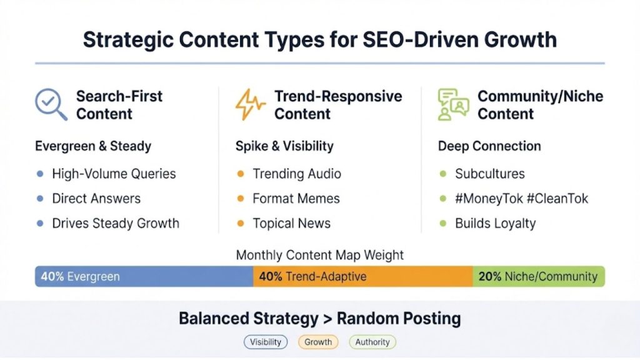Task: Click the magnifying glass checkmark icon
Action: pos(51,104)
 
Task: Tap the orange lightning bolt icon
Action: pos(249,104)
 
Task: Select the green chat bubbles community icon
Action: pos(453,104)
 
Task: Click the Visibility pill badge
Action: pos(266,342)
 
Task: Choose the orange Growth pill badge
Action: pos(318,342)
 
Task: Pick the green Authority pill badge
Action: pos(372,342)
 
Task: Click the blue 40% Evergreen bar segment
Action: pos(144,276)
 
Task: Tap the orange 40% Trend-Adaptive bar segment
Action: pos(362,276)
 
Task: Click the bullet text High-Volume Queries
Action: pos(114,174)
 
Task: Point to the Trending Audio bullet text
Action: pos(297,174)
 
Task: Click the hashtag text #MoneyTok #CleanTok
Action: pos(522,199)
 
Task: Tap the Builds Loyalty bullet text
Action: pos(496,223)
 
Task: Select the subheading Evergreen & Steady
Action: pos(93,146)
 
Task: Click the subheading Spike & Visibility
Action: pos(284,146)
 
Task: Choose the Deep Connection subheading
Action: pos(489,146)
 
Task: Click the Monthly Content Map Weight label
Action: pos(320,255)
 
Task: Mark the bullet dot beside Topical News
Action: pos(241,223)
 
